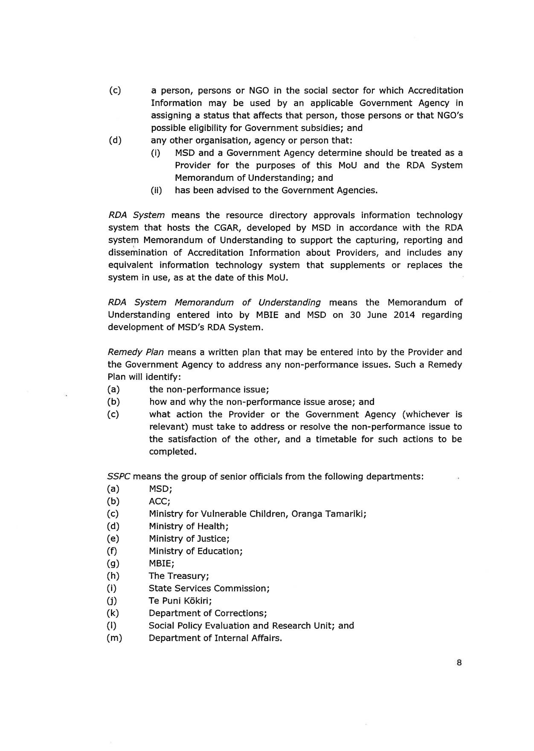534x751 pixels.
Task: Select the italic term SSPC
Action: [x=119, y=477]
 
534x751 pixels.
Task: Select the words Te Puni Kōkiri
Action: [x=180, y=601]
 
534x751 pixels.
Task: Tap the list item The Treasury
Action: [x=178, y=576]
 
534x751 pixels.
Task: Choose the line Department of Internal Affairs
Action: [x=215, y=638]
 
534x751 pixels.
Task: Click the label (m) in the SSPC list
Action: [x=114, y=638]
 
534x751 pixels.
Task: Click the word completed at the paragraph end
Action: [x=172, y=452]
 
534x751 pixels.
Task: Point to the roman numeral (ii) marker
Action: [x=157, y=191]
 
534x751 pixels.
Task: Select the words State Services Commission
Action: [x=209, y=589]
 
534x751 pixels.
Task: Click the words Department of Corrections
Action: [x=207, y=613]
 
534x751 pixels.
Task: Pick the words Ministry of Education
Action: [x=195, y=552]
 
